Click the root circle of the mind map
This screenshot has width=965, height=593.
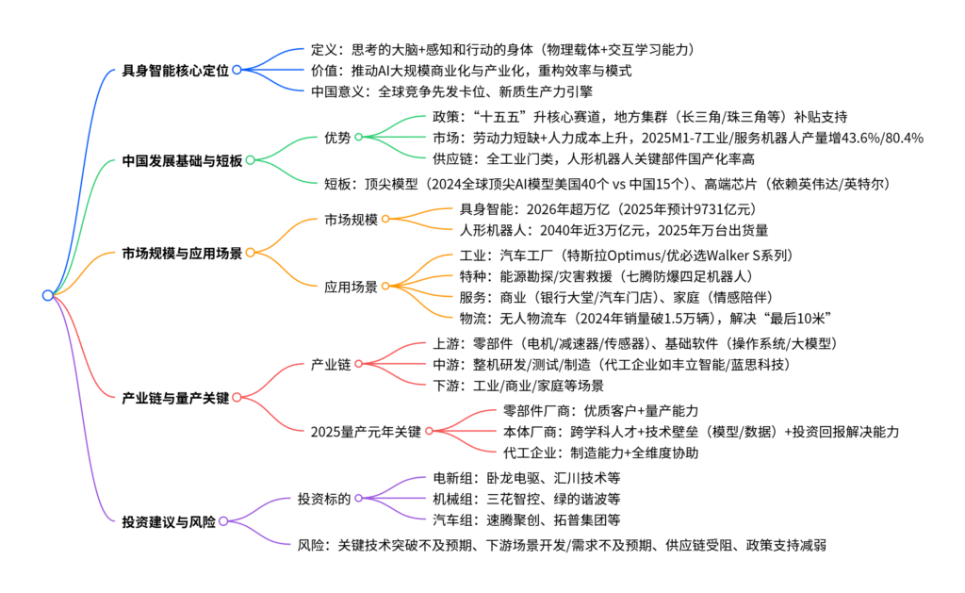48,295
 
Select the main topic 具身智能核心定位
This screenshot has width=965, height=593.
175,70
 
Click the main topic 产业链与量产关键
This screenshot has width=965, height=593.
175,397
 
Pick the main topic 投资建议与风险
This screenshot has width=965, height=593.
169,519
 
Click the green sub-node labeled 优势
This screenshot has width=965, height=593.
337,138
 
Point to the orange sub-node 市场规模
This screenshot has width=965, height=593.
351,221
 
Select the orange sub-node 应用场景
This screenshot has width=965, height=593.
351,285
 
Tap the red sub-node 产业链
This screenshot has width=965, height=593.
331,363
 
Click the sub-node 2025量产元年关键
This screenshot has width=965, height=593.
366,431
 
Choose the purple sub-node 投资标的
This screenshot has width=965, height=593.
324,498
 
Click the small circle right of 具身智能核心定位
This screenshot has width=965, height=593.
237,70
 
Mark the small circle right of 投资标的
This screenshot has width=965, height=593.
358,498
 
